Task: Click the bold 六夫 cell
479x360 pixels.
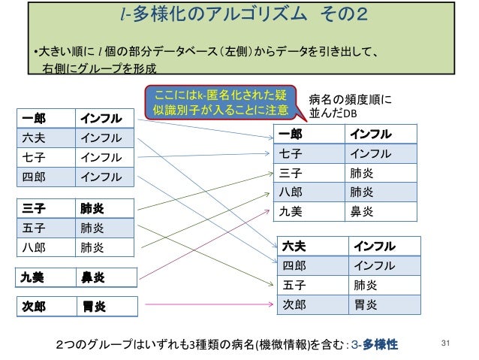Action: point(294,247)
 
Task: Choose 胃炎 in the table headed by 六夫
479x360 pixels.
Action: point(366,304)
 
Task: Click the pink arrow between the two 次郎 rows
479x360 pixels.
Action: point(206,305)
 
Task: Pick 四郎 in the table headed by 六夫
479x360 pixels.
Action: point(294,265)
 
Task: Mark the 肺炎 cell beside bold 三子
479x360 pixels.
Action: point(94,207)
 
